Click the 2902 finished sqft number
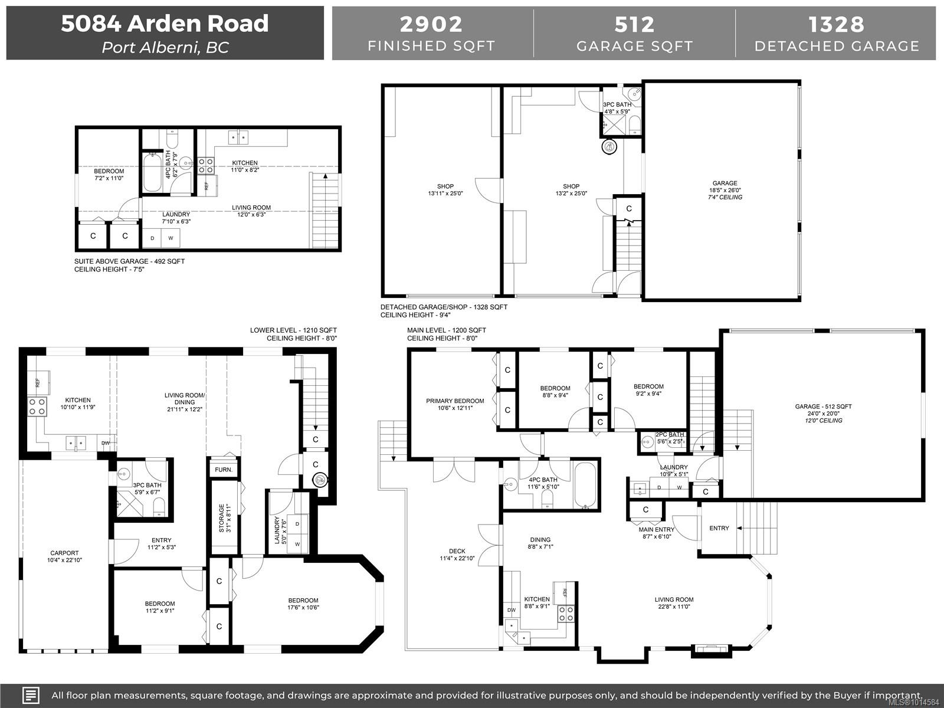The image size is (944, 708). click(x=431, y=24)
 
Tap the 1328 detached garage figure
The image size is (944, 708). click(x=836, y=24)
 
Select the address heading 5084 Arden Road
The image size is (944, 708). click(x=165, y=23)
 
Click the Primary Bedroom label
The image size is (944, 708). click(x=455, y=401)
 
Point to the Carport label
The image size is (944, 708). click(x=64, y=553)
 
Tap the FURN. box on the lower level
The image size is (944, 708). click(x=224, y=470)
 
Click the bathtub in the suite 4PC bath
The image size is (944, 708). click(x=153, y=173)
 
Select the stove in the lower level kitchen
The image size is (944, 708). click(x=37, y=407)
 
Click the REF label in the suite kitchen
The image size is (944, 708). click(x=206, y=186)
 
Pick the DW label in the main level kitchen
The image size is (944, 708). click(x=512, y=610)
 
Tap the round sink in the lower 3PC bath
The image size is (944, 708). click(x=124, y=474)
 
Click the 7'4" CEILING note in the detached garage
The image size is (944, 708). click(x=725, y=197)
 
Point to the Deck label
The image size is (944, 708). click(x=457, y=550)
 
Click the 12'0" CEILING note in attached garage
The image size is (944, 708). click(x=824, y=421)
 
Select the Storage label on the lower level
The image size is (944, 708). click(x=221, y=518)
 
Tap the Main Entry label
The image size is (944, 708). click(x=657, y=530)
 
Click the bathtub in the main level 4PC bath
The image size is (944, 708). click(x=585, y=485)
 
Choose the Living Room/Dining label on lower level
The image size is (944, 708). click(x=185, y=398)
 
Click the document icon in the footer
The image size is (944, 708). click(x=31, y=695)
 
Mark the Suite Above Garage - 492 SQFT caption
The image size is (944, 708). click(x=129, y=261)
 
